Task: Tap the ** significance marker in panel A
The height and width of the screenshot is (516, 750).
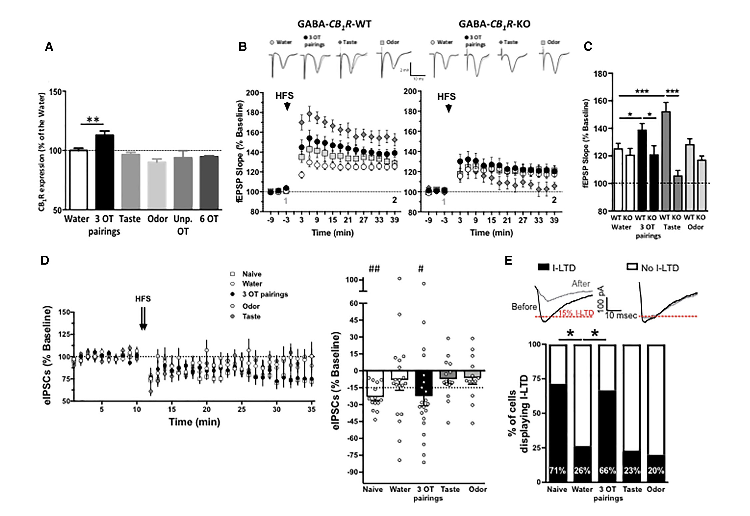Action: pos(93,119)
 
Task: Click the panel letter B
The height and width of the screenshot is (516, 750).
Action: pos(243,47)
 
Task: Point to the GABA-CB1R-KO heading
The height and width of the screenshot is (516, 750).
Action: pos(494,24)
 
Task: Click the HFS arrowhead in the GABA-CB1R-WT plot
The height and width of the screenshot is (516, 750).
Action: pos(287,106)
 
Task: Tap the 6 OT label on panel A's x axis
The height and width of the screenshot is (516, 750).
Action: pos(209,219)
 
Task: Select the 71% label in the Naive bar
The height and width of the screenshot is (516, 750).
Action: pos(557,471)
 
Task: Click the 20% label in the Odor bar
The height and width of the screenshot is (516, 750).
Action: pos(656,471)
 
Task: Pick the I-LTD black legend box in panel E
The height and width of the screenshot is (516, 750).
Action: pos(543,267)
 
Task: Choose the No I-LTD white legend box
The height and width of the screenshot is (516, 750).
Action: pos(632,267)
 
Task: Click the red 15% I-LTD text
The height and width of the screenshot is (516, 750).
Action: pos(576,313)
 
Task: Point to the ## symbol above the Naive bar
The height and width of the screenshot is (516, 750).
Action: pos(374,269)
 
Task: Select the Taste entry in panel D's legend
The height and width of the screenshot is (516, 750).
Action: pos(251,316)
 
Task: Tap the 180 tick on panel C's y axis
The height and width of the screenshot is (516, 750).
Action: pos(600,73)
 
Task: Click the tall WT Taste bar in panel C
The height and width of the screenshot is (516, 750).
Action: pos(665,160)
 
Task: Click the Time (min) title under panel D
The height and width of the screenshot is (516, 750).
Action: pos(194,422)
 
